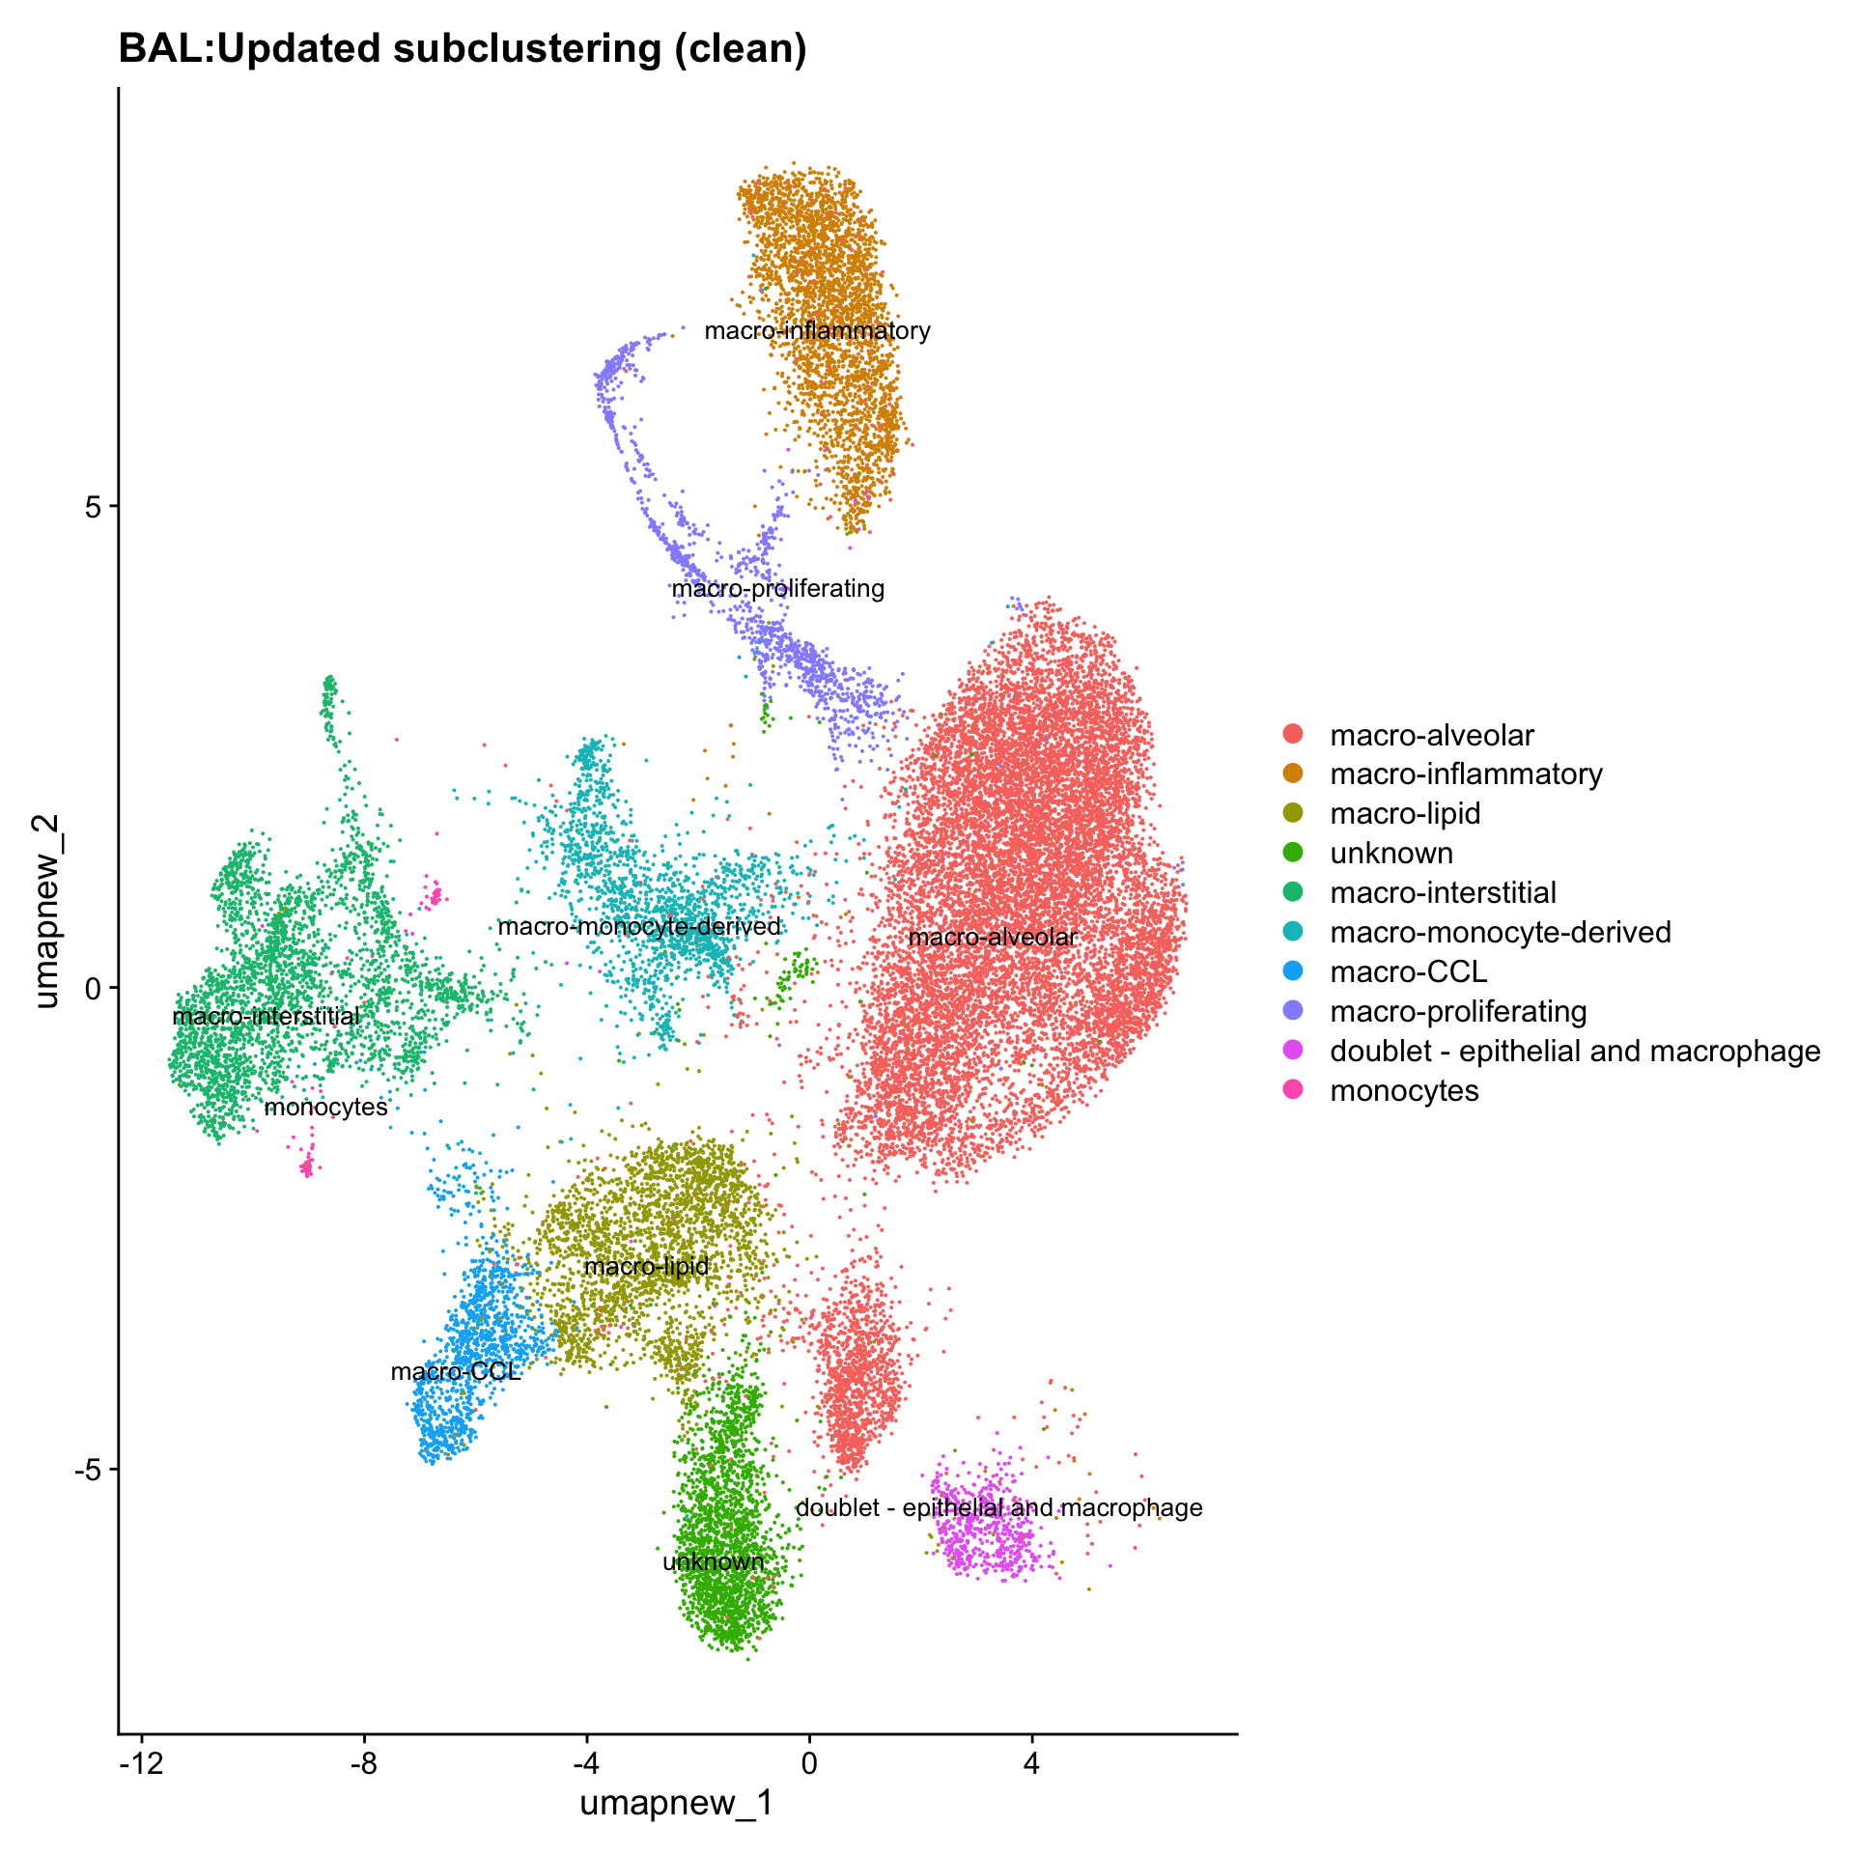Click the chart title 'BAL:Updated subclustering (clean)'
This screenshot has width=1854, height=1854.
462,48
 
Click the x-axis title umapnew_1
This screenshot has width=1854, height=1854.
676,1802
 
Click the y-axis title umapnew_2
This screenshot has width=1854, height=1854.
46,911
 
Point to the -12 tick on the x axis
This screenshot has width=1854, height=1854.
142,1763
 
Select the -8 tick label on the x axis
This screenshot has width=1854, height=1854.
364,1763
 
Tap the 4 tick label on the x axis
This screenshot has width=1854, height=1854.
1031,1763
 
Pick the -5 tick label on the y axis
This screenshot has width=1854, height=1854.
88,1470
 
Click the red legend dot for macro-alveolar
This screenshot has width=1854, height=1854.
1293,735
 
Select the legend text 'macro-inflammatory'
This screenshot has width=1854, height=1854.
1466,774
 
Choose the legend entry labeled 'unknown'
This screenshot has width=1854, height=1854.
1390,854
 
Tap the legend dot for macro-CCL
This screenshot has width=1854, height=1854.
1293,971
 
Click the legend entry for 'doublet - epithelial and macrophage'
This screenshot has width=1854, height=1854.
1574,1051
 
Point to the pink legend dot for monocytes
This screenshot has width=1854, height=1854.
1293,1090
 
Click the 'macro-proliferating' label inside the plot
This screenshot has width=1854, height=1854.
778,588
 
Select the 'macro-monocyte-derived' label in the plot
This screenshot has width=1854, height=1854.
639,927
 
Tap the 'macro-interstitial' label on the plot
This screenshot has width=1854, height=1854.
267,1016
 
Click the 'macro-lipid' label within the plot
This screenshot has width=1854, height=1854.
647,1266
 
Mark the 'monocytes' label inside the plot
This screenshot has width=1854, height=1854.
326,1108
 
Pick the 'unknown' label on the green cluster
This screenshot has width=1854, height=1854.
714,1561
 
